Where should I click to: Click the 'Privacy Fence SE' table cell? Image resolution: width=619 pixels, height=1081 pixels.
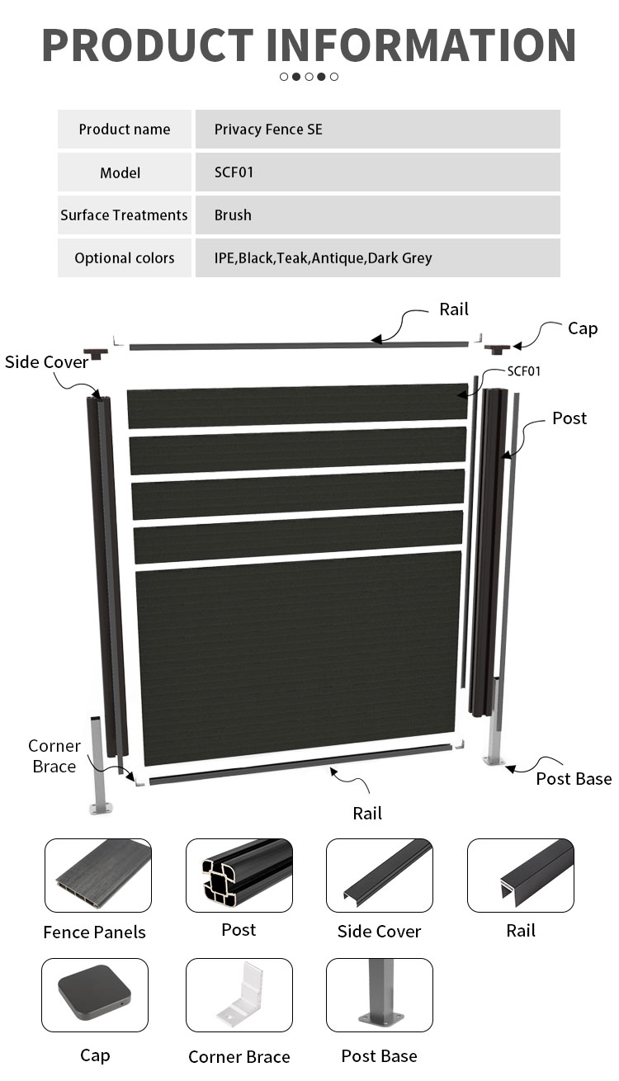pos(377,130)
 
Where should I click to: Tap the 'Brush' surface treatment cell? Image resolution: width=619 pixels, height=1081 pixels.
pos(377,215)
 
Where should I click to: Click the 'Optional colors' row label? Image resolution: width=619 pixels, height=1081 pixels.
pos(125,258)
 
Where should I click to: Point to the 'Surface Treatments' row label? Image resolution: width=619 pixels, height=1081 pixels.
pos(125,215)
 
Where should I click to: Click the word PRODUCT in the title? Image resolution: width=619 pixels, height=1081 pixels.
pos(149,45)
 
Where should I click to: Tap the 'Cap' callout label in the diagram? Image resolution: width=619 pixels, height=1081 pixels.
pos(583,328)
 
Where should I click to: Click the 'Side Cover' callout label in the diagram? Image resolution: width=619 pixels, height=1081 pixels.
pos(47,362)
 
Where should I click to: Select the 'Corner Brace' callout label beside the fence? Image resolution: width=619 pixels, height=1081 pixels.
pos(54,756)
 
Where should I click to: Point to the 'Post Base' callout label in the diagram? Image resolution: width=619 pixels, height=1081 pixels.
pos(574,779)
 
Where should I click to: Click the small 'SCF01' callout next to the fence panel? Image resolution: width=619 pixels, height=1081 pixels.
pos(524,371)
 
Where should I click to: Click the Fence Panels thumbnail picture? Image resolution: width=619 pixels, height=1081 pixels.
pos(98,876)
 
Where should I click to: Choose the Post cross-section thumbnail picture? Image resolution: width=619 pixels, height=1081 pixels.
pos(239,876)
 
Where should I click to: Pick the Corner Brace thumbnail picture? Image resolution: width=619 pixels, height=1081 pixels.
pos(239,995)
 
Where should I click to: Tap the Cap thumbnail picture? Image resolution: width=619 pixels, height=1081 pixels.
pos(95,995)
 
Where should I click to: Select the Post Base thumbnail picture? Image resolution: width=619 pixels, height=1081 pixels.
pos(380,995)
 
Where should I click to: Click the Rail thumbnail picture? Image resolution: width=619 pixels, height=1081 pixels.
pos(521,876)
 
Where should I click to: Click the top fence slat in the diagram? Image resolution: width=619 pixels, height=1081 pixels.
pos(297,405)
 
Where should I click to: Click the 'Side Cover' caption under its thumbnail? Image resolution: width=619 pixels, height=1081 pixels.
pos(379,932)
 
